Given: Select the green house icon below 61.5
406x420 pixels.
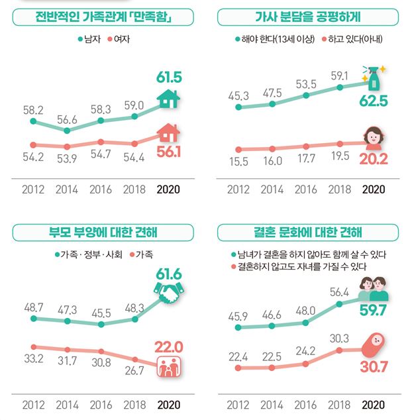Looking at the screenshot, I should [169, 99].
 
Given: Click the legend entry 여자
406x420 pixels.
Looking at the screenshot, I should [117, 39].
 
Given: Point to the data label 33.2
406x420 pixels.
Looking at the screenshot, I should [33, 359].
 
